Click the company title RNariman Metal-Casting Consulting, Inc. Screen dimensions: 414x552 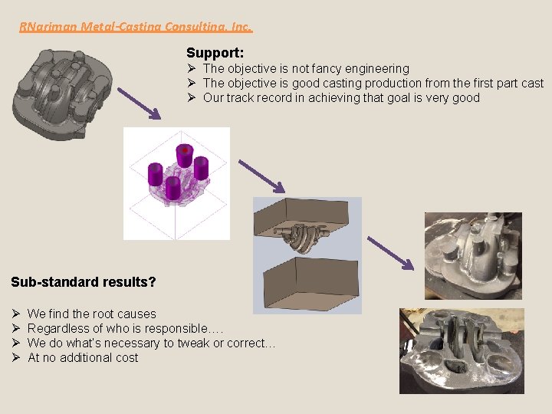tap(135, 27)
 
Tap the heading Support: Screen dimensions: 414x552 tap(215, 53)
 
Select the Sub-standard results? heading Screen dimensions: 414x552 tap(84, 282)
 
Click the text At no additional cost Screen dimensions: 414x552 tap(83, 357)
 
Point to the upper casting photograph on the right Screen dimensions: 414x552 tap(473, 255)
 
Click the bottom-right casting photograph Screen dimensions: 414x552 tap(462, 350)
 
